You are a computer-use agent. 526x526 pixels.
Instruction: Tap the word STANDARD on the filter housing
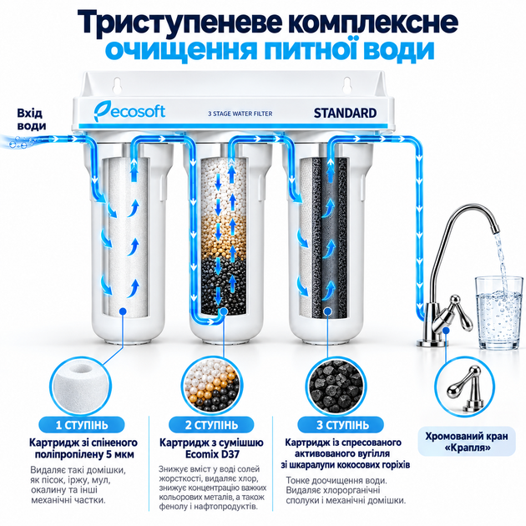click(345, 114)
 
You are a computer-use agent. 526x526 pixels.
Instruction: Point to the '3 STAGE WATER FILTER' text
click(240, 114)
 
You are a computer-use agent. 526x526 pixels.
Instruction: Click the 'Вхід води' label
click(32, 119)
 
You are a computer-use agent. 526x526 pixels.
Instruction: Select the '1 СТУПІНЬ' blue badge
click(82, 425)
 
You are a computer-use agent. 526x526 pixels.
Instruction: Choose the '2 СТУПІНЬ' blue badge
click(211, 425)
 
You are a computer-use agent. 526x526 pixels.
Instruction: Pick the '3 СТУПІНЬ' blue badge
click(341, 425)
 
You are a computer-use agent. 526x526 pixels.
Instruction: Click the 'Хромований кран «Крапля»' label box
click(467, 442)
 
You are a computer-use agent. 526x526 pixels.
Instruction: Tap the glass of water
click(498, 312)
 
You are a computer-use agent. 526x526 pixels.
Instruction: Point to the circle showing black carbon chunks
click(336, 386)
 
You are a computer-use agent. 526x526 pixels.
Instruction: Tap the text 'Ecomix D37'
click(212, 454)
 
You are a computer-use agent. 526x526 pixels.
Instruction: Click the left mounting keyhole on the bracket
click(117, 85)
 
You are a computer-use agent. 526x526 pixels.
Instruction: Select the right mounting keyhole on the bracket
click(346, 85)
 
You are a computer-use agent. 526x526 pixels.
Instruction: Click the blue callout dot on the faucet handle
click(446, 331)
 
